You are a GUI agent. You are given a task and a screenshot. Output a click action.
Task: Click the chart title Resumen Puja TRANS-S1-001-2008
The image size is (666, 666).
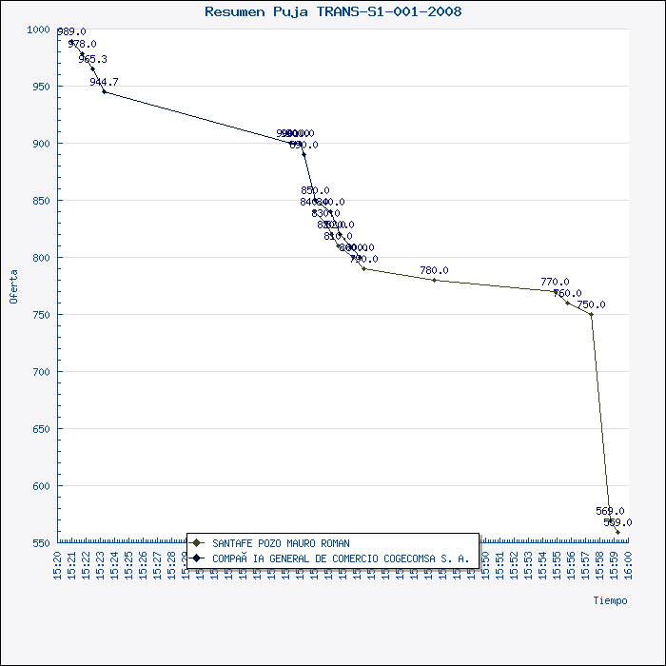pos(333,12)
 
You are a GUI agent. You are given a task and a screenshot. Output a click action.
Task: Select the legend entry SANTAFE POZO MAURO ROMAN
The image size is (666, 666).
pos(281,543)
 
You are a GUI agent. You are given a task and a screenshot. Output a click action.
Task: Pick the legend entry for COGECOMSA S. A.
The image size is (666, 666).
pos(340,558)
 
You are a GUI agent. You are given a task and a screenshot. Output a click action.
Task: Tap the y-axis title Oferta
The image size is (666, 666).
pos(13,285)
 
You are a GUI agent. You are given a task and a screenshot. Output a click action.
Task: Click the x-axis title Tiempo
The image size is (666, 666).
pos(610,600)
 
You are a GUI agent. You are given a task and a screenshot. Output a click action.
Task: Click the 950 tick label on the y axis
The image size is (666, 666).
pos(41,87)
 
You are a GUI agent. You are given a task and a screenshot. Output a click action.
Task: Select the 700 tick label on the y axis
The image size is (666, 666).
pos(41,372)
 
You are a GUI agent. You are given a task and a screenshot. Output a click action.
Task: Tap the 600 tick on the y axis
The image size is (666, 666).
pos(41,486)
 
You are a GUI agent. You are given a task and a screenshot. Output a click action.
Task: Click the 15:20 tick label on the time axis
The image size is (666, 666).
pos(58,564)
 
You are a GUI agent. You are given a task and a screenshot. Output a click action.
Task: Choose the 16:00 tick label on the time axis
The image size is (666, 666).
pos(629,564)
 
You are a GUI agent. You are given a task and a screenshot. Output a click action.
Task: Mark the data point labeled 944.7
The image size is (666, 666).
pos(104,91)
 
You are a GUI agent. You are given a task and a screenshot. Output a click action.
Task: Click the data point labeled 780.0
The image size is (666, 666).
pos(434,280)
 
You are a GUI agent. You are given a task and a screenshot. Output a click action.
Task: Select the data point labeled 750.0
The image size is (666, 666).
pos(591,314)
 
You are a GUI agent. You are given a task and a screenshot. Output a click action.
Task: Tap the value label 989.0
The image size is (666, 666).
pos(71,31)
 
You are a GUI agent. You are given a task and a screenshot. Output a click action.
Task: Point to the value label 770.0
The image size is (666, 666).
pos(555,282)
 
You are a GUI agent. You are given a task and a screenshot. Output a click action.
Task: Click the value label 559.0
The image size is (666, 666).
pos(617,522)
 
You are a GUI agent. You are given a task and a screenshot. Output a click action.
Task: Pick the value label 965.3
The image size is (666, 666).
pos(93,59)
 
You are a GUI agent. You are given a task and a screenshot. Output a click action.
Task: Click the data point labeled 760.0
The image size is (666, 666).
pos(567,303)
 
